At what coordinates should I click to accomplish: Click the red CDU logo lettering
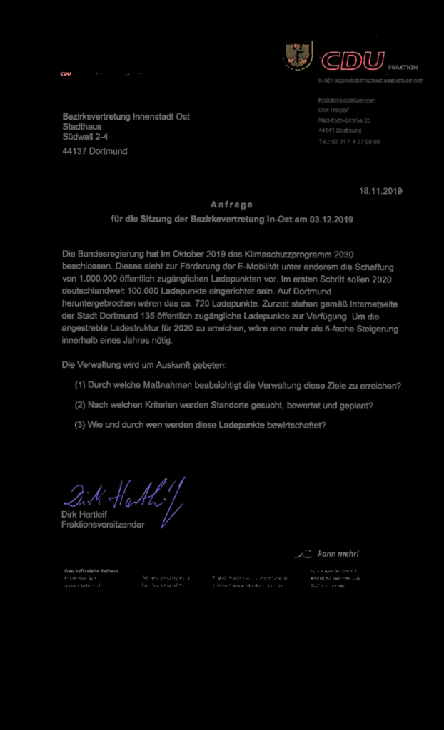(x=353, y=61)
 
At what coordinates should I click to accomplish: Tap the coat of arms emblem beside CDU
(x=298, y=56)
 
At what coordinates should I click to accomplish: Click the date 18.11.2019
(x=381, y=191)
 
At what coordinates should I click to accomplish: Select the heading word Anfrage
(x=231, y=205)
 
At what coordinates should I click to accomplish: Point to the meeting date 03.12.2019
(x=332, y=220)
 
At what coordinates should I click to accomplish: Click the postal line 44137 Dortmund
(x=95, y=151)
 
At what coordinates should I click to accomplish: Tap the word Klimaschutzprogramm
(x=288, y=254)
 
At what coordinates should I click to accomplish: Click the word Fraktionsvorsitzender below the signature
(x=103, y=525)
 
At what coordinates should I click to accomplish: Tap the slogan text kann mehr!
(x=338, y=554)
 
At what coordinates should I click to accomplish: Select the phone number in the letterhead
(x=349, y=141)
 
